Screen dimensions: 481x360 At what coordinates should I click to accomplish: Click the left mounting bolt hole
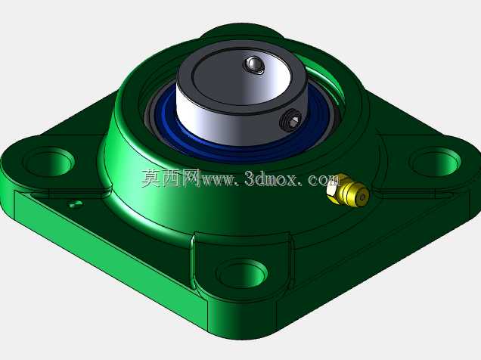point(49,162)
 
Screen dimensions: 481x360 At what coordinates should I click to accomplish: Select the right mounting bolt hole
point(436,162)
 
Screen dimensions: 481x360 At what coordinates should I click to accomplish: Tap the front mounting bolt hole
point(242,274)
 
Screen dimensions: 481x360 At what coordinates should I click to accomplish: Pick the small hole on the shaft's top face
point(253,65)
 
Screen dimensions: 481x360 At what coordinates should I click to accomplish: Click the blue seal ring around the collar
point(242,144)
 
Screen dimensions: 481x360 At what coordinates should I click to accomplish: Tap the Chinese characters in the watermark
point(171,178)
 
